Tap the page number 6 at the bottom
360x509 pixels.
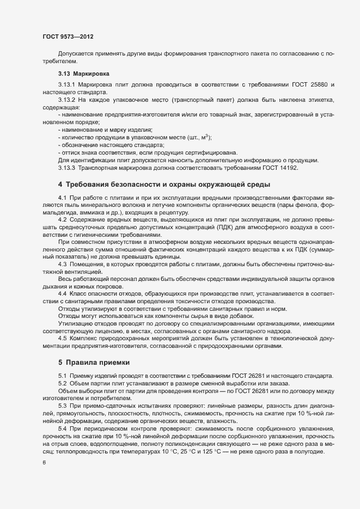[x=44, y=463]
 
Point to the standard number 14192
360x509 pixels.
[x=285, y=167]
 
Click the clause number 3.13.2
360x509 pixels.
[x=66, y=101]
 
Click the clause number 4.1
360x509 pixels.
[x=62, y=196]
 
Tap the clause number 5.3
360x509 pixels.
[x=62, y=406]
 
